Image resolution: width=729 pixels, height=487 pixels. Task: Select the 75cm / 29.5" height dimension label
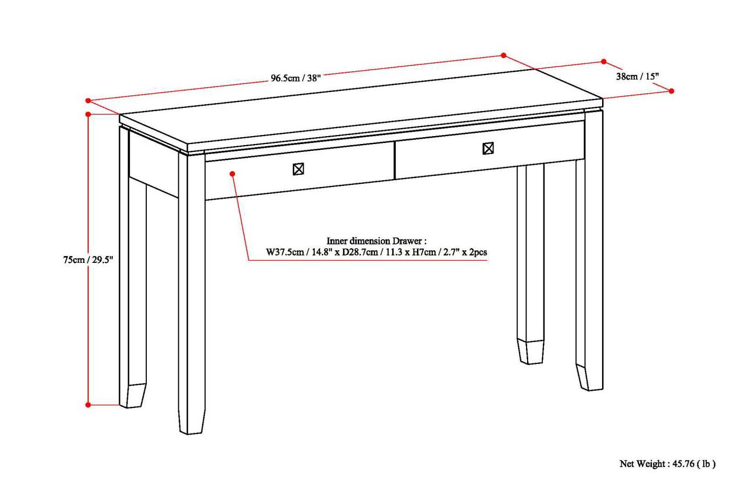tap(88, 260)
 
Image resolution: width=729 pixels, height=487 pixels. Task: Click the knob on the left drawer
tap(298, 169)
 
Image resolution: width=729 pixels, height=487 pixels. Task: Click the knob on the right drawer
tap(488, 149)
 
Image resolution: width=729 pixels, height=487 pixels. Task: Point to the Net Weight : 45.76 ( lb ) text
tap(667, 463)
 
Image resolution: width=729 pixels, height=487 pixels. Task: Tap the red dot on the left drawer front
tap(232, 173)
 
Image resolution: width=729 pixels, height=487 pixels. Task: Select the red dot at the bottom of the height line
tap(88, 404)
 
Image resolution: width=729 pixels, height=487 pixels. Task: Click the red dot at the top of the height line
tap(88, 114)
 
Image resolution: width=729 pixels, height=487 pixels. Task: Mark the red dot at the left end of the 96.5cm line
tap(88, 101)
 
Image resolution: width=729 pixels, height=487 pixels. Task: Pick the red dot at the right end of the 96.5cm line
tap(503, 56)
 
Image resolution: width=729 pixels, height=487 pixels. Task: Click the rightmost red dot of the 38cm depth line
tap(671, 91)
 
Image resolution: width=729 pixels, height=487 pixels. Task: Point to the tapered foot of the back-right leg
tap(531, 352)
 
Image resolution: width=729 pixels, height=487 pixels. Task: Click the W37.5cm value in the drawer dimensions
tap(285, 252)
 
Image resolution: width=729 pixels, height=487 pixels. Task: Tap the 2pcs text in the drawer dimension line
tap(478, 252)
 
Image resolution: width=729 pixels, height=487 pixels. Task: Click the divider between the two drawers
tap(394, 160)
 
